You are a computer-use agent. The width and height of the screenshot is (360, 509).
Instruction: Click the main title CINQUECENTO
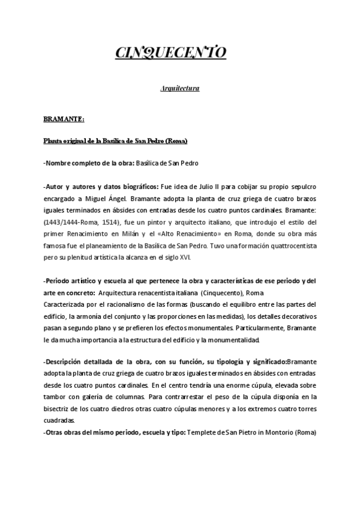coord(171,53)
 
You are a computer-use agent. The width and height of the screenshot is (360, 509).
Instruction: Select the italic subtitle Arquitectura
coord(179,89)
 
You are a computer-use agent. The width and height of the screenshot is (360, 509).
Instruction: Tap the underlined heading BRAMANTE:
coord(64,119)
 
